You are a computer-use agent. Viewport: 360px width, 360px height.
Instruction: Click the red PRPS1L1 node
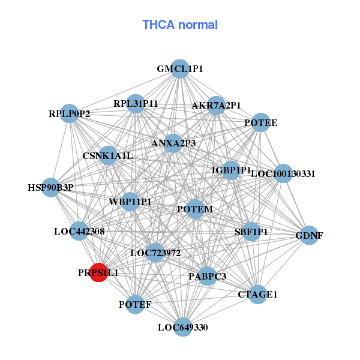coord(98,272)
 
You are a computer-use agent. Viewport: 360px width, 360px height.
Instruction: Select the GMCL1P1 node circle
coord(179,68)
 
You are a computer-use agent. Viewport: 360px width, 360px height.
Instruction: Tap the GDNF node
coord(308,235)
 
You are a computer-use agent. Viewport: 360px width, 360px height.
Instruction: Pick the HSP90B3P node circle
coord(51,187)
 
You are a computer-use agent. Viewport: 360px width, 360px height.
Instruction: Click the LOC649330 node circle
coord(183,327)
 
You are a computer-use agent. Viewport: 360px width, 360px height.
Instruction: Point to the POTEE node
coord(260,122)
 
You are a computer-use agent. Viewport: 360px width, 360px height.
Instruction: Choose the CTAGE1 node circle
coord(257,294)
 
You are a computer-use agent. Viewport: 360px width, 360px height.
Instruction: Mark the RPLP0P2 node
coord(70,113)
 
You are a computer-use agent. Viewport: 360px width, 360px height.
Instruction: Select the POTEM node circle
coord(195,209)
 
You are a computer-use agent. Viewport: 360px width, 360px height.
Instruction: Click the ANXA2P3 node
coord(173,143)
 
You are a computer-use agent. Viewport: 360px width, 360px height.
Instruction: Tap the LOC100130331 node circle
coord(283,173)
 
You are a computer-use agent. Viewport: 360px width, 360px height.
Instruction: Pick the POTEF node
coord(135,304)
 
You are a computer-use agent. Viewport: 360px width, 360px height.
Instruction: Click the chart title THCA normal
coord(180,25)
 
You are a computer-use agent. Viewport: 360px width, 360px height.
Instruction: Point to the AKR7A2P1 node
coord(217,106)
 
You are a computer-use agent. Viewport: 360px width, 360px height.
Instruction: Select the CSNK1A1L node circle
coord(108,156)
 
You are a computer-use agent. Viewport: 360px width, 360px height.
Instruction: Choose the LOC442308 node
coord(79,231)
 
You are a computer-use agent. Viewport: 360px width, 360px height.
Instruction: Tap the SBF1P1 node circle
coord(251,231)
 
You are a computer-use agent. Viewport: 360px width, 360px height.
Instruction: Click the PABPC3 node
coord(207,276)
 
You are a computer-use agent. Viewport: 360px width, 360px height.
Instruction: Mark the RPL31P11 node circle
coord(136,103)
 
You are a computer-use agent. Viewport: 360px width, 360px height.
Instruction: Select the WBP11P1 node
coord(130,202)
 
